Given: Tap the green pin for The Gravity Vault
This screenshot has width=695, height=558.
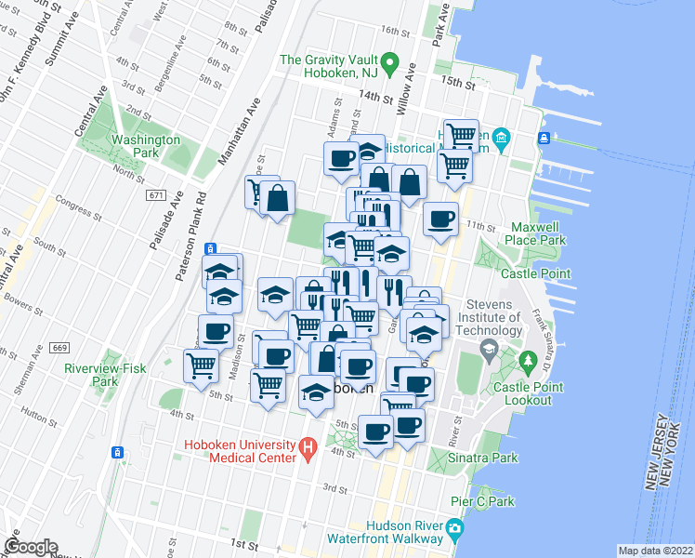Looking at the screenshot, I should pos(392,66).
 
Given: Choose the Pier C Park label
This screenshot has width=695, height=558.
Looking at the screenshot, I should pos(491,501).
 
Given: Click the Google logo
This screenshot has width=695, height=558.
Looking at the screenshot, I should pos(31,547).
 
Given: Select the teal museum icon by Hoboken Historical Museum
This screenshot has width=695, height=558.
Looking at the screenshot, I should pos(502,139).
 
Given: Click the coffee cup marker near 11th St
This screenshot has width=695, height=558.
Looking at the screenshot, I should pos(441,219).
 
